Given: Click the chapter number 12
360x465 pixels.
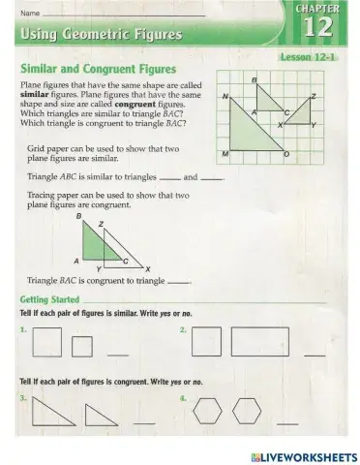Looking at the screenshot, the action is pyautogui.click(x=326, y=28).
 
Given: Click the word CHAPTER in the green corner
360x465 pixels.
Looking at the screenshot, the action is pyautogui.click(x=326, y=8).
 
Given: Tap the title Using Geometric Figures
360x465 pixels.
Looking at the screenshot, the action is pyautogui.click(x=100, y=36).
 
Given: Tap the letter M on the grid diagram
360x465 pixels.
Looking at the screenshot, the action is pyautogui.click(x=225, y=155).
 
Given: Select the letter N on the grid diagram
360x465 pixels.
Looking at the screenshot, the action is pyautogui.click(x=225, y=97).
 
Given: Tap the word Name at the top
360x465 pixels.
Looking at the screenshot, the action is pyautogui.click(x=30, y=13).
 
